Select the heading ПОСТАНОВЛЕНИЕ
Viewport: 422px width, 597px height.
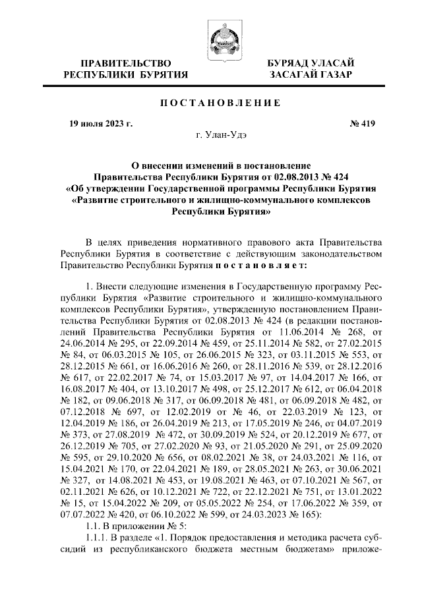pos(212,103)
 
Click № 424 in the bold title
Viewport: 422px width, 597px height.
pos(349,176)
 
